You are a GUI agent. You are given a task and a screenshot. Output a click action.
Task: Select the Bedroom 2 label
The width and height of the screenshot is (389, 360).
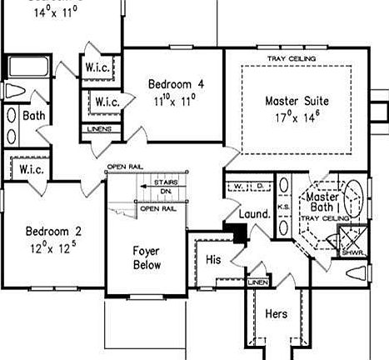[x=52, y=232]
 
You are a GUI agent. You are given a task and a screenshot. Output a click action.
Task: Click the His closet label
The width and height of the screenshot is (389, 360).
[x=212, y=260]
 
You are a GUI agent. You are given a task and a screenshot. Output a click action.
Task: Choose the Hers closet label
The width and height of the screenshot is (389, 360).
[x=276, y=314]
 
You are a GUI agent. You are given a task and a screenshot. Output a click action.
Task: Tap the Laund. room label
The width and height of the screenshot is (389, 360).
[x=255, y=214]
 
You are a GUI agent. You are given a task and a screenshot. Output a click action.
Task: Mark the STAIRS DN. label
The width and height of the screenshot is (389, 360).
[x=166, y=185]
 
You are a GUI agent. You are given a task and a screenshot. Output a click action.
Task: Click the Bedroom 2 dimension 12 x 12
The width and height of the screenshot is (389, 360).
[x=52, y=247]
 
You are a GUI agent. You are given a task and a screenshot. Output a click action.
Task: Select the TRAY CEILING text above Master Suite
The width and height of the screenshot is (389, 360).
[x=289, y=58]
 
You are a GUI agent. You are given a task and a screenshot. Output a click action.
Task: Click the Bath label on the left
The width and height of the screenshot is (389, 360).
[x=33, y=116]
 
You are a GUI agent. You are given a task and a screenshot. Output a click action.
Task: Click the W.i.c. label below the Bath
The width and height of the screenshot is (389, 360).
[x=28, y=169]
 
